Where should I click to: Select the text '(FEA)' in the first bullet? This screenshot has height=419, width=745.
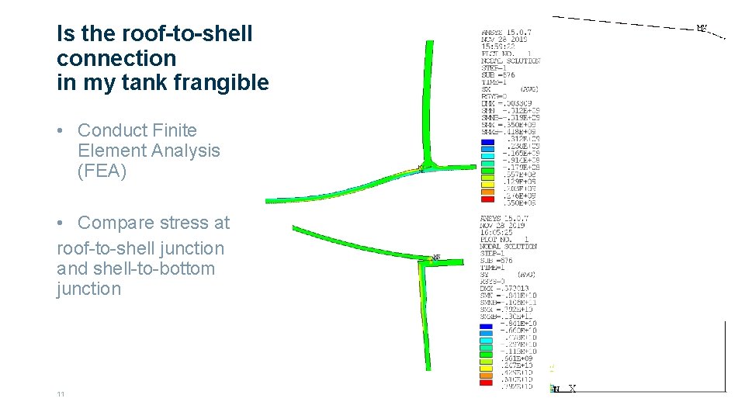tap(102, 171)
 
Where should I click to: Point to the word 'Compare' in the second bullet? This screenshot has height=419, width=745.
tap(113, 223)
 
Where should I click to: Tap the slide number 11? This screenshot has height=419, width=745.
tap(61, 394)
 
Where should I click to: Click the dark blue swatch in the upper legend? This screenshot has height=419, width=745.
tap(487, 142)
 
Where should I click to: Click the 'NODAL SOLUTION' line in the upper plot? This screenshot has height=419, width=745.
tap(511, 61)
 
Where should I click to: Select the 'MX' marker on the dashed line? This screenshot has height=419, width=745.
tap(702, 29)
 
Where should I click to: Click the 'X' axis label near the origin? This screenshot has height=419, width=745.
tap(572, 389)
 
